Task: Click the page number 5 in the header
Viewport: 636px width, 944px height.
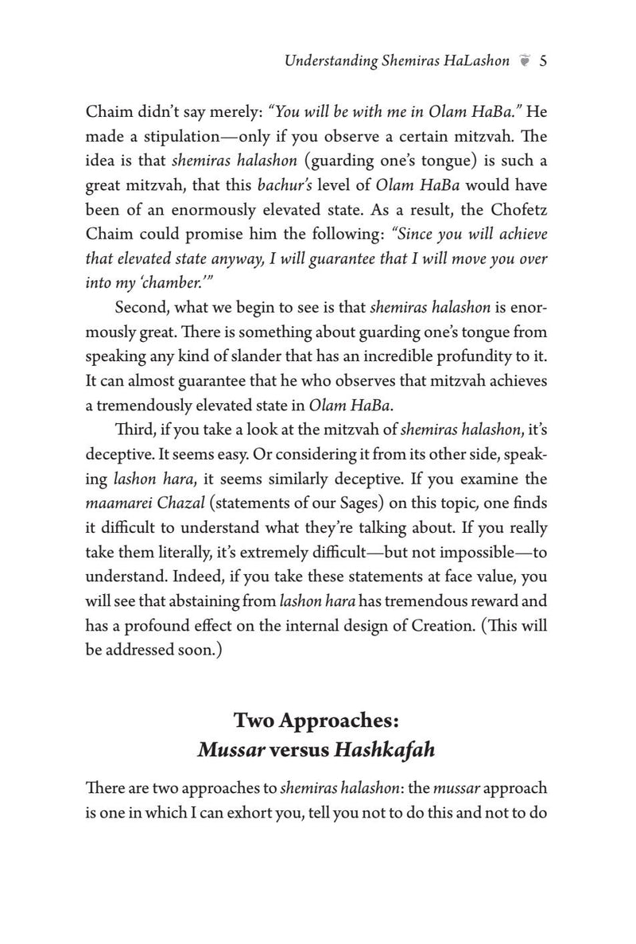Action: coord(541,61)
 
